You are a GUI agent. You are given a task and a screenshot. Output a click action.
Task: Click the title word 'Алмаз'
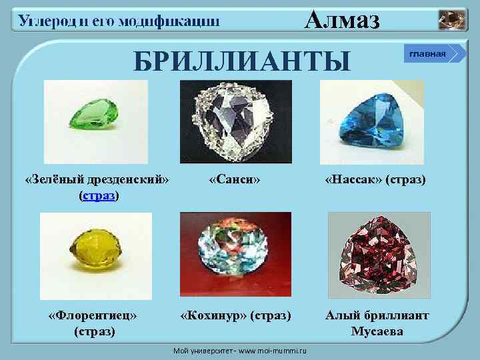click(x=342, y=21)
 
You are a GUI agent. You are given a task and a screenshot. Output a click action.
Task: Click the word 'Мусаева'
click(x=377, y=331)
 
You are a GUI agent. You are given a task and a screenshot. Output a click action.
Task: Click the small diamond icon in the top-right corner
click(x=453, y=20)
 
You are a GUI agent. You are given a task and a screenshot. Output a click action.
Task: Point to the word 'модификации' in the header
click(x=176, y=21)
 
